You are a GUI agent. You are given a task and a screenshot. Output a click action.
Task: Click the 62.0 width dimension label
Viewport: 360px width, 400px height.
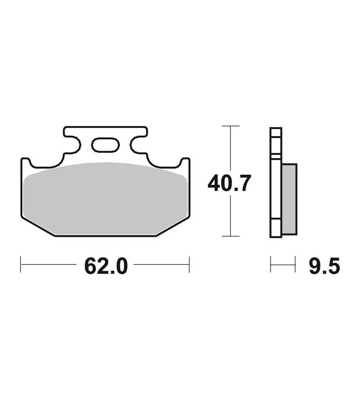point(106,266)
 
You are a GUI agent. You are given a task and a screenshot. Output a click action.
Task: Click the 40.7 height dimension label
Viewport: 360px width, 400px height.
point(229,183)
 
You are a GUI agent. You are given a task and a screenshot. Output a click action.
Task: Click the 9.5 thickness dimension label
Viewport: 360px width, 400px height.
point(324,266)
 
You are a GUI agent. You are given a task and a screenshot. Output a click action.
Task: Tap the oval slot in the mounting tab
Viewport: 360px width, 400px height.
point(105,145)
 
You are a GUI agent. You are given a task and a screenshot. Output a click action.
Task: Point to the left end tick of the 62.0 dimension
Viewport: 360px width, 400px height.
point(21,264)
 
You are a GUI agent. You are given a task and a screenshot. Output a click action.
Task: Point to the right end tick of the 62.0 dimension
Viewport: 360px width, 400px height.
point(189,264)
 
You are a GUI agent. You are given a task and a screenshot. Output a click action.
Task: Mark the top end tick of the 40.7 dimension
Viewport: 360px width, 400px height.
point(231,126)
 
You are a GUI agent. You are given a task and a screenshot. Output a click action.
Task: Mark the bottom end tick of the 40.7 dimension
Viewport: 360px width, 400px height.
point(231,236)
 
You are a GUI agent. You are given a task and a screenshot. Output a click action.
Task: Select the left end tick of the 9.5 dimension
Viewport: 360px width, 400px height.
point(270,264)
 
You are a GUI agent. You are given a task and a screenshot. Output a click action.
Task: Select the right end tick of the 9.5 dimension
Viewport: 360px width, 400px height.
point(295,264)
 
